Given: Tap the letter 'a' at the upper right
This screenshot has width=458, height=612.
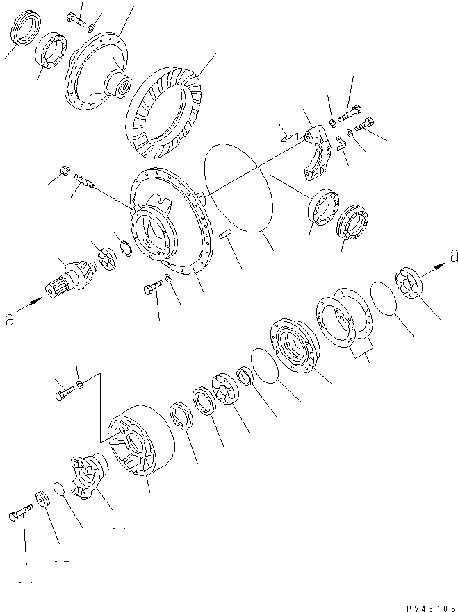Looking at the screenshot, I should pyautogui.click(x=453, y=256).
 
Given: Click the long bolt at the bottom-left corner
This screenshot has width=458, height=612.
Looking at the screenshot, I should pyautogui.click(x=19, y=516).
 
